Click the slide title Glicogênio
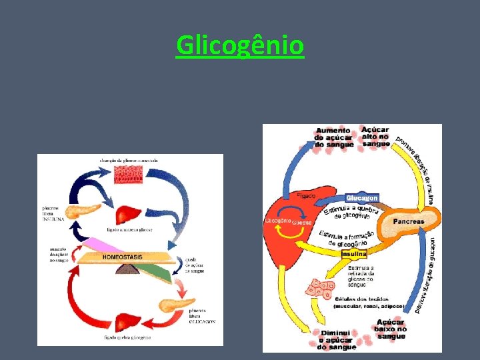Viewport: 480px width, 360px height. (x=240, y=45)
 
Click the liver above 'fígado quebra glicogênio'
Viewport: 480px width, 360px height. (x=128, y=323)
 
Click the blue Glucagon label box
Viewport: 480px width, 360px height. (x=362, y=198)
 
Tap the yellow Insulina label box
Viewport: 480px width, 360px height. (x=354, y=254)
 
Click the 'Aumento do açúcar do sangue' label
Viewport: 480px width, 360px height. (x=333, y=137)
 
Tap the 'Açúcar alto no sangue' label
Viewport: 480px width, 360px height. (x=376, y=136)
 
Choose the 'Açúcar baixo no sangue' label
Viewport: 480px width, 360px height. (x=391, y=329)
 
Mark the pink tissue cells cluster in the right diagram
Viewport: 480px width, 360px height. (x=319, y=289)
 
